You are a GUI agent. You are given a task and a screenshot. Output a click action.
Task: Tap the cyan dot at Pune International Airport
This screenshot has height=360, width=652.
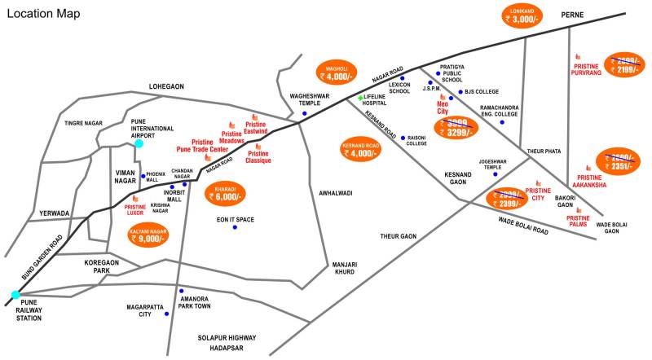coord(139,143)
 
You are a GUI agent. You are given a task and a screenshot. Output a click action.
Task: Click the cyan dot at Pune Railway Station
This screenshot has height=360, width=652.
coord(14,295)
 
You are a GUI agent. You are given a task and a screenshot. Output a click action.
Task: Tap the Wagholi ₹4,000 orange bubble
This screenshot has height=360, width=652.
coord(337,71)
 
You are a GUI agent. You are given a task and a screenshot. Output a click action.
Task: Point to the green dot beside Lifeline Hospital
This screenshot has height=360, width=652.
coord(360,98)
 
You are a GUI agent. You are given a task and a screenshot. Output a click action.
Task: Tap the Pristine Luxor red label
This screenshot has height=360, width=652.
coord(134,210)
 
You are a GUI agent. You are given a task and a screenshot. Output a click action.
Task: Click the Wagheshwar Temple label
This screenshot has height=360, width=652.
coord(307,99)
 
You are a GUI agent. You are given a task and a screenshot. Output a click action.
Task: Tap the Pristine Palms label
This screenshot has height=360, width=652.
coord(578,221)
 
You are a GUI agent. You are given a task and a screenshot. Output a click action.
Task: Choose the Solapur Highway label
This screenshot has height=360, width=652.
coord(226,338)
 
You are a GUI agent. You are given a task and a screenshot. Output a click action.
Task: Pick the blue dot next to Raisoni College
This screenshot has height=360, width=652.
coord(403,138)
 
